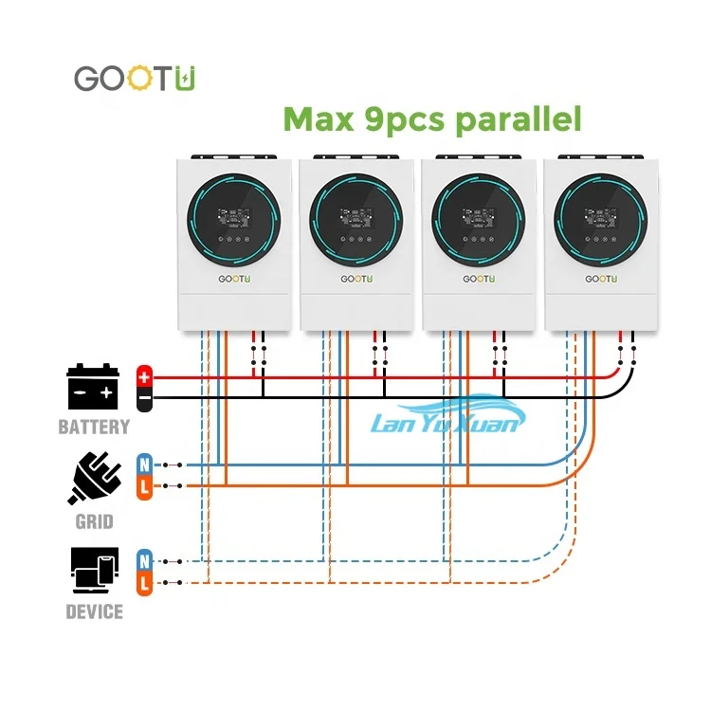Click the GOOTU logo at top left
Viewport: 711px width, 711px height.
(136, 79)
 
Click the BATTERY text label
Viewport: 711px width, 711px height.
(93, 427)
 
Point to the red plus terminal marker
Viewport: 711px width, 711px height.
(144, 376)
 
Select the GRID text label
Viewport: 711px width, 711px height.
(94, 521)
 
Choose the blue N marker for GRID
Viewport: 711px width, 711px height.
(144, 465)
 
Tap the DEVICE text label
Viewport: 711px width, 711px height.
(94, 611)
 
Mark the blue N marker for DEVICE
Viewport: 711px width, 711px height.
(144, 559)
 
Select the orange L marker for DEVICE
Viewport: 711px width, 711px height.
(144, 582)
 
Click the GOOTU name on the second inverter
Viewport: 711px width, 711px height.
(355, 280)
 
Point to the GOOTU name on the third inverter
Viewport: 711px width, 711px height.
(477, 280)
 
